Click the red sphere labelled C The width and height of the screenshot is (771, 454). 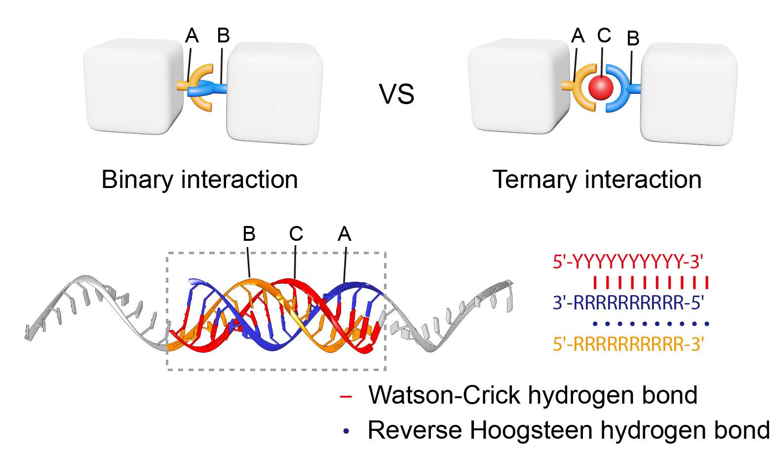coord(601,88)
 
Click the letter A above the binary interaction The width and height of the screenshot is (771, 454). coord(192,36)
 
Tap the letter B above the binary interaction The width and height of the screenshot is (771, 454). coord(223,36)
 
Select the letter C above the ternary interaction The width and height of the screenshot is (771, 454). coord(604,36)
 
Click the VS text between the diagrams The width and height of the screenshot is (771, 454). coord(396,94)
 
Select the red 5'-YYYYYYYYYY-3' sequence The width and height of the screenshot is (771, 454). coord(628,262)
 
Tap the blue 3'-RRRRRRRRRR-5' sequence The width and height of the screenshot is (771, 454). coord(628,303)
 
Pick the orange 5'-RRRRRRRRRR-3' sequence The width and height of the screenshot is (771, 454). coord(628,344)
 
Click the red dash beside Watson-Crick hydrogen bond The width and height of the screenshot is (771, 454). coord(346,396)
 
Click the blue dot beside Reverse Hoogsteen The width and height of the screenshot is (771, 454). coord(346,431)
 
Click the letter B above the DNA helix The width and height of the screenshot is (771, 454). coord(249,234)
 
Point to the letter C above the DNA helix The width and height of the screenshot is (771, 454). coord(296,234)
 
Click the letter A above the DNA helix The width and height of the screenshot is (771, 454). coord(344,234)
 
